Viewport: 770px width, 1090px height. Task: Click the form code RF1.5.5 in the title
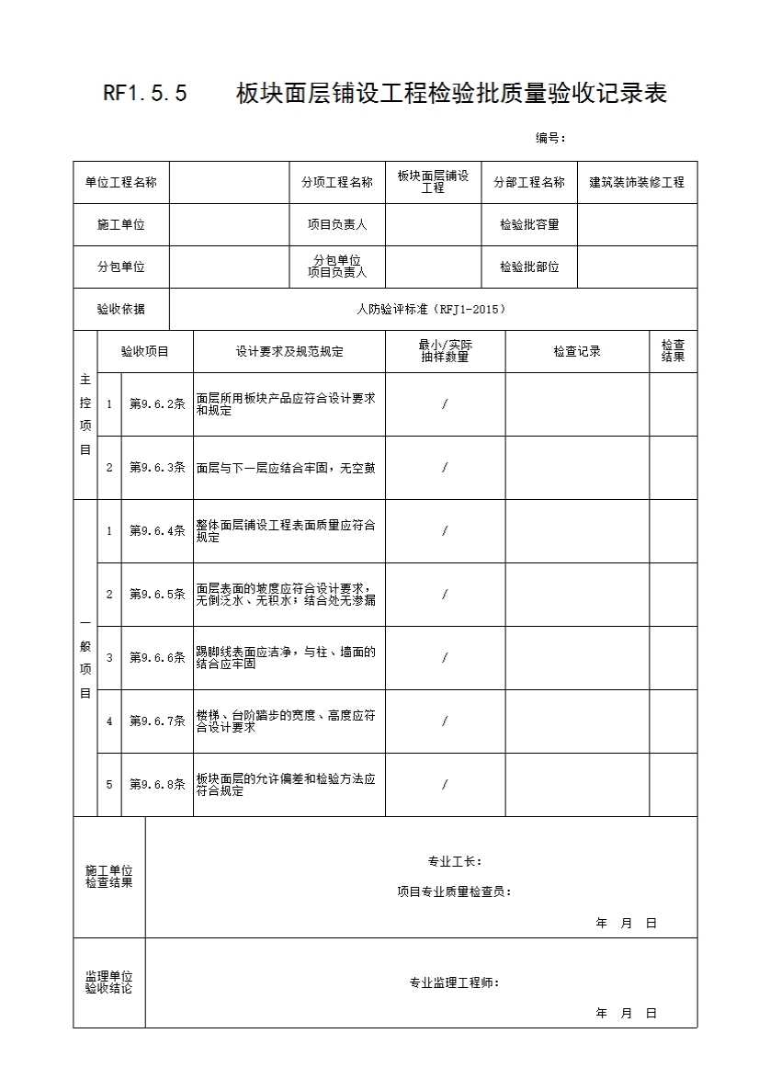click(x=145, y=94)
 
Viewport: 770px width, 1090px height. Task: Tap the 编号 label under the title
click(x=550, y=138)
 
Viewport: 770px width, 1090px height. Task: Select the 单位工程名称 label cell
click(x=121, y=182)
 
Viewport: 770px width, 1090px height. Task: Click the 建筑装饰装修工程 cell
click(x=637, y=182)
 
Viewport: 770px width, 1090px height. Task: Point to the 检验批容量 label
click(x=529, y=224)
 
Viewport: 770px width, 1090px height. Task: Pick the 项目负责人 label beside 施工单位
click(x=337, y=224)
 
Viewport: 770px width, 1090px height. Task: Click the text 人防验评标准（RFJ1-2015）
click(x=431, y=310)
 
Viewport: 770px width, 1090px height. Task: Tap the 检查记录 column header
click(x=577, y=351)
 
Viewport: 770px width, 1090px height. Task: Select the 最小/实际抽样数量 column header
click(x=445, y=351)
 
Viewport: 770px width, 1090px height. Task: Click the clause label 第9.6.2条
click(x=157, y=404)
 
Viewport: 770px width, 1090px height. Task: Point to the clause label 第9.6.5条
click(x=157, y=595)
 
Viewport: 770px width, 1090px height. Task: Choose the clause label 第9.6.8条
click(x=157, y=785)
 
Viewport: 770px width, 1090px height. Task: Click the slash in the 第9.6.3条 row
click(x=445, y=468)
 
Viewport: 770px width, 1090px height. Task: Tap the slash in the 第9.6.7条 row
click(x=445, y=721)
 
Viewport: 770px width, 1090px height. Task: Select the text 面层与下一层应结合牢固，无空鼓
click(x=286, y=468)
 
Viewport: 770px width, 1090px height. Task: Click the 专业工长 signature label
click(x=455, y=862)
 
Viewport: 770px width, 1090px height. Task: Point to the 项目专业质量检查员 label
click(x=454, y=891)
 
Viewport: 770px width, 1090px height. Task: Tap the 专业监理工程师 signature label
click(x=454, y=982)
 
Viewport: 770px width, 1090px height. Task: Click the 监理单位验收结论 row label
click(x=109, y=982)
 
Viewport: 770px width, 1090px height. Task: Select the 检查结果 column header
click(x=673, y=351)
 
